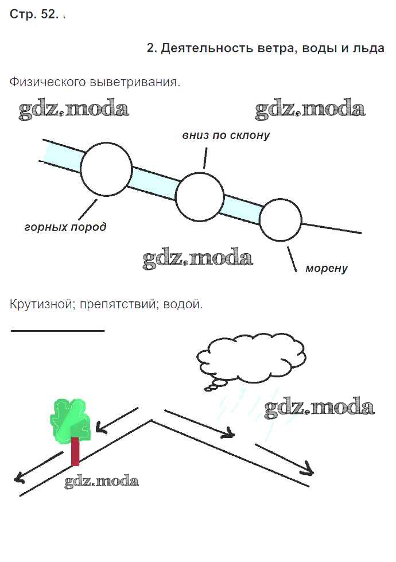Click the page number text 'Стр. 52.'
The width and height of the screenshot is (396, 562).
coord(34,15)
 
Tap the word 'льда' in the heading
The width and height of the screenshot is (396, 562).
coord(367,48)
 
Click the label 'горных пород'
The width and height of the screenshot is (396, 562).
coord(65,227)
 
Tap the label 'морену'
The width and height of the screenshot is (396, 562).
coord(327,268)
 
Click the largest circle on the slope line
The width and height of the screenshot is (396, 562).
coord(106,169)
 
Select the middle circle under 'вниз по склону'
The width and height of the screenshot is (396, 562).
coord(200,197)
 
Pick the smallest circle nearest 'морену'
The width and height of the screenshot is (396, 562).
coord(280,220)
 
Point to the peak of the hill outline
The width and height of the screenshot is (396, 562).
coord(151,421)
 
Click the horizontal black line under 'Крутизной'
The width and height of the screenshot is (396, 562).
coord(57,331)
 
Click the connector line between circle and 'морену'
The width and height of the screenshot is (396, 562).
coord(292,258)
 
